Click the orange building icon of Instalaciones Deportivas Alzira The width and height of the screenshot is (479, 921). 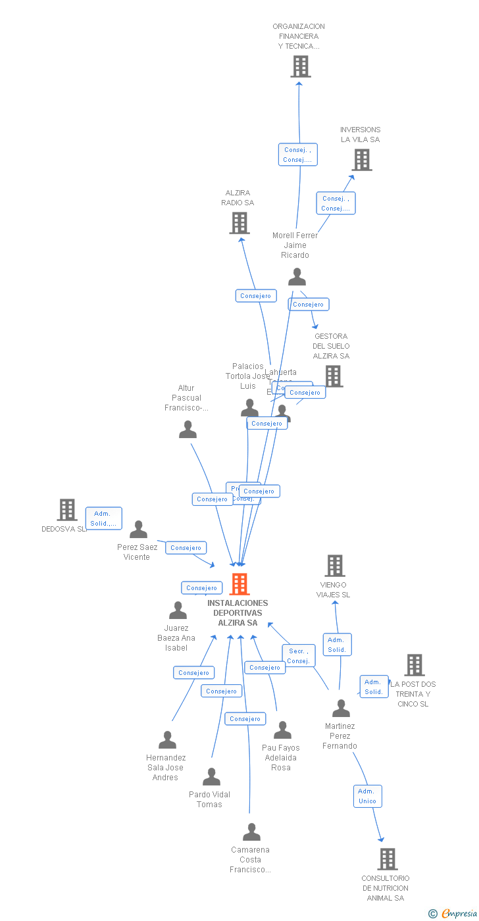pos(239,584)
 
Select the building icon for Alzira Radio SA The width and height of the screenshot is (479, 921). pos(239,223)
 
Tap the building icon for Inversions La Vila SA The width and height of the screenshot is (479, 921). pos(361,160)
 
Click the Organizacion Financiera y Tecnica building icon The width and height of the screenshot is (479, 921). pos(301,66)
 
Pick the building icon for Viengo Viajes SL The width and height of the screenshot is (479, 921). pos(335,566)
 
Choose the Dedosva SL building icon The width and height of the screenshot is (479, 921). pos(67,509)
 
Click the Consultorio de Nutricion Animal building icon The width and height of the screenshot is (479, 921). pos(388,859)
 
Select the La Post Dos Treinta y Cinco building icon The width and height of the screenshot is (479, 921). pos(415,665)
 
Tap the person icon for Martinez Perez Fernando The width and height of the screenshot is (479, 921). pos(341,708)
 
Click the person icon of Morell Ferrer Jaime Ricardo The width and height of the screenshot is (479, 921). pos(297,277)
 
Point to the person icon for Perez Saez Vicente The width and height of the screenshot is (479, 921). pos(138,530)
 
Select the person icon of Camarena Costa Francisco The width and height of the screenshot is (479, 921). pos(251,832)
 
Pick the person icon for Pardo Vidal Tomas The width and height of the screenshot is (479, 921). pos(211,776)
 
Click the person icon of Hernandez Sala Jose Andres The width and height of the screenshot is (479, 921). pos(167,740)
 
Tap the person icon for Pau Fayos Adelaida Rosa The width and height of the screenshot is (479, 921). pos(282,730)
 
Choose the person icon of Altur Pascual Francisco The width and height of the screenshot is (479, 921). pos(188,430)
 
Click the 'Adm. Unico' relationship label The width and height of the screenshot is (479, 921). pos(367,796)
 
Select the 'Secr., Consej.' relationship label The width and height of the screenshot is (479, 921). pos(299,656)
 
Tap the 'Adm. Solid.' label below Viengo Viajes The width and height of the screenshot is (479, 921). pos(337,645)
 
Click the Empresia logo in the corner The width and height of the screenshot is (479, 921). pos(453,913)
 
